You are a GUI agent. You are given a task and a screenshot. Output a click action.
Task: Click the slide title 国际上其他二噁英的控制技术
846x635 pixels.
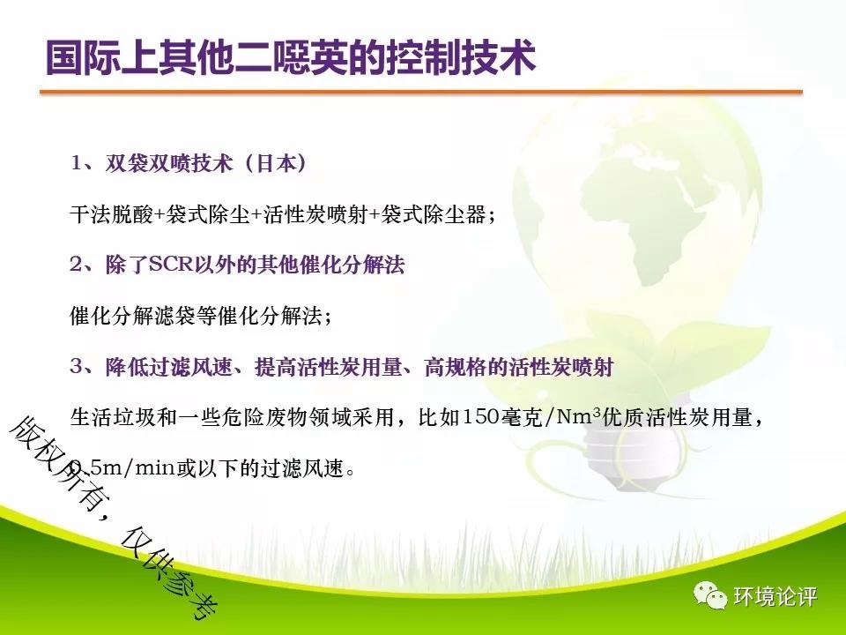tap(290, 57)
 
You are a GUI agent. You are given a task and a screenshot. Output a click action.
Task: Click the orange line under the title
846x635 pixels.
tap(421, 93)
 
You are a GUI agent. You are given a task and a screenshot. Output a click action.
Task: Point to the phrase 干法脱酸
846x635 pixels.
tap(112, 214)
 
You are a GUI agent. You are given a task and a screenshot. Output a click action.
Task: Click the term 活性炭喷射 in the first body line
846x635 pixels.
tap(316, 214)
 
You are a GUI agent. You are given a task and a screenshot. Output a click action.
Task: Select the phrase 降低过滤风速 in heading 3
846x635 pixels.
tap(169, 367)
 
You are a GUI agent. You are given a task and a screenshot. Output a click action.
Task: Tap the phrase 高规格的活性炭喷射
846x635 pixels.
tap(519, 367)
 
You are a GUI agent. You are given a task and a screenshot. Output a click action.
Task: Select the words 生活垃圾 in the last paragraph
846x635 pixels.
tap(112, 417)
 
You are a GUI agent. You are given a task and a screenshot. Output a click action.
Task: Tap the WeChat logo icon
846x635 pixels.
tap(710, 595)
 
